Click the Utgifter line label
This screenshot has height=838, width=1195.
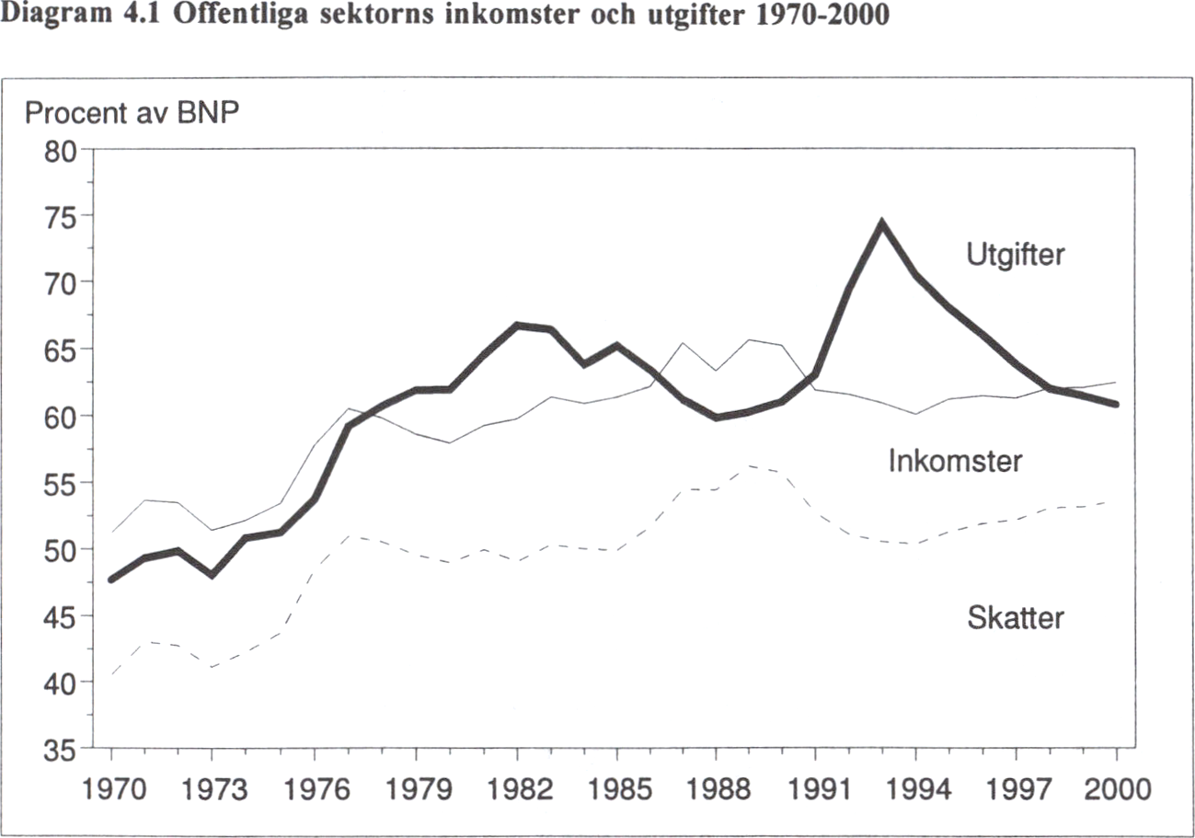[x=1015, y=254]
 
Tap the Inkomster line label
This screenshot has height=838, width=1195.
[x=954, y=461]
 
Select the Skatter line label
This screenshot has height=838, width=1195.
[x=1015, y=618]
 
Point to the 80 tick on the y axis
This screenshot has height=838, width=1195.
[x=63, y=149]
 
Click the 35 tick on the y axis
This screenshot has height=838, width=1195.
[x=63, y=751]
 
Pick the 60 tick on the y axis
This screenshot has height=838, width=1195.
[x=63, y=416]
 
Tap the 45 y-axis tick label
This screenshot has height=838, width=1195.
[x=63, y=617]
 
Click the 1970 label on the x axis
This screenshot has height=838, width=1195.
[x=111, y=790]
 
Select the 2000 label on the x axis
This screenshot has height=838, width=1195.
[x=1116, y=790]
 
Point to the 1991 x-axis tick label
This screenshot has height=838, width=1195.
[x=815, y=790]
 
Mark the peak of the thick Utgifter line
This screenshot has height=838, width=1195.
[x=881, y=223]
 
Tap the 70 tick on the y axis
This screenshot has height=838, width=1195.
[x=63, y=282]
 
